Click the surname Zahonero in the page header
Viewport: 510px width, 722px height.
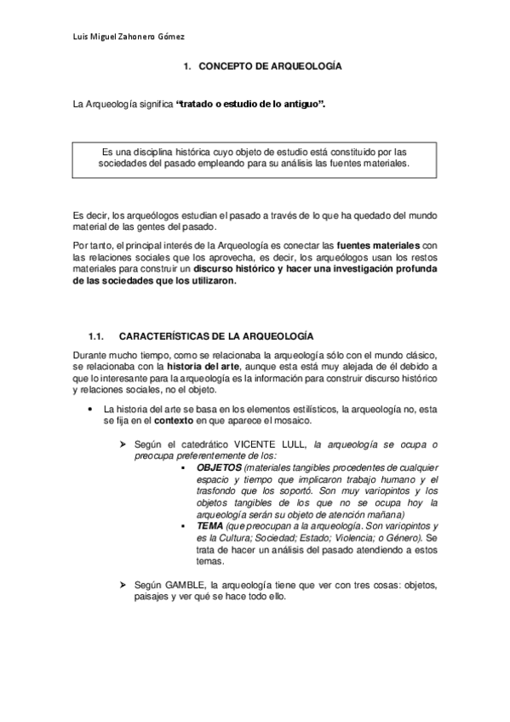pos(137,36)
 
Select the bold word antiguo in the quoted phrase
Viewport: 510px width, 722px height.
pos(302,104)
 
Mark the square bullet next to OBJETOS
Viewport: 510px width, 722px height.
pos(186,469)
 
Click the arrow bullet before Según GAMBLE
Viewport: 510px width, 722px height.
pos(124,585)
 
